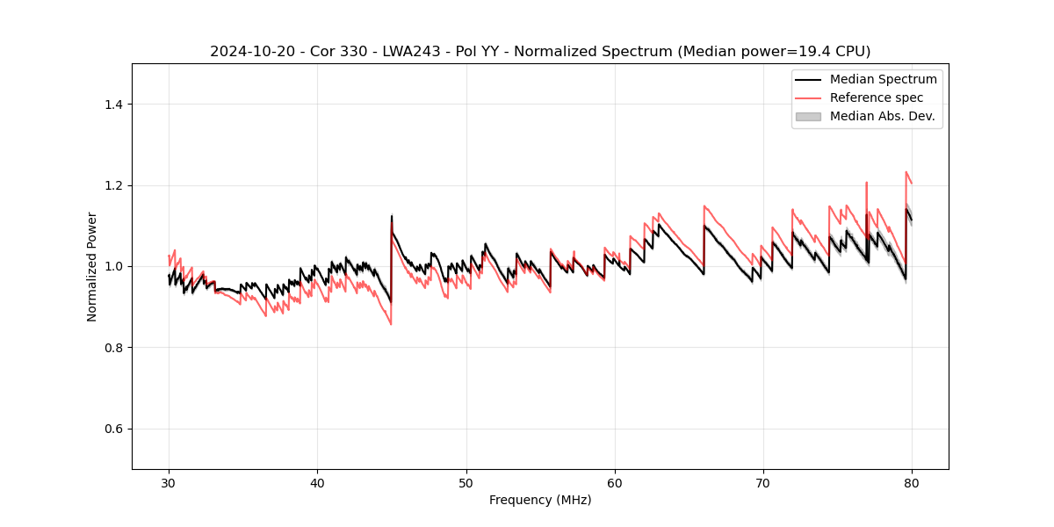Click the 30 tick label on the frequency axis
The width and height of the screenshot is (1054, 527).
pyautogui.click(x=169, y=482)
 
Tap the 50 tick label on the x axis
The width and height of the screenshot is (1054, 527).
pyautogui.click(x=466, y=482)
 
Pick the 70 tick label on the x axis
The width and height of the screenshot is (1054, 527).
pyautogui.click(x=763, y=482)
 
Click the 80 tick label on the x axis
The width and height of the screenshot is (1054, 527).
pyautogui.click(x=912, y=482)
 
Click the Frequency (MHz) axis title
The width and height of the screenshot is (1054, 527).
pyautogui.click(x=540, y=500)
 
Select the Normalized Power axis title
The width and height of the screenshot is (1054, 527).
pyautogui.click(x=92, y=266)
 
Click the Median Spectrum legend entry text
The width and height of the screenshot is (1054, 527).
pyautogui.click(x=883, y=79)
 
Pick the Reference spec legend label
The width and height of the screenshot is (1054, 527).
pyautogui.click(x=877, y=97)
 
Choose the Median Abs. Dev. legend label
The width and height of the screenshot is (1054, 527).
pyautogui.click(x=882, y=116)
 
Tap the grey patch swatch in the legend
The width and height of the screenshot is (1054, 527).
pyautogui.click(x=808, y=116)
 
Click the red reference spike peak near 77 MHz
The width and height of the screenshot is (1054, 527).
pyautogui.click(x=866, y=183)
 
